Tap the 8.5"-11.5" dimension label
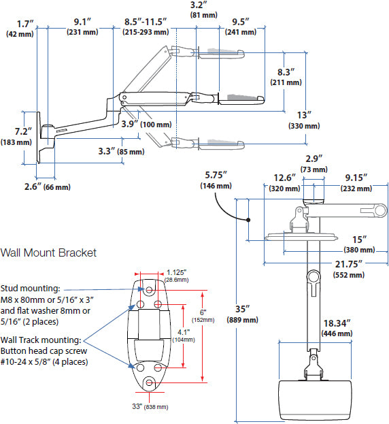(146, 27)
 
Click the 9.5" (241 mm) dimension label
(239, 27)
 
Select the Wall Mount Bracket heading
(48, 252)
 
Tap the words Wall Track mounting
(41, 339)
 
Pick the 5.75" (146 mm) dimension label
(216, 180)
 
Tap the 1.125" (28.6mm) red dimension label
(179, 274)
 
